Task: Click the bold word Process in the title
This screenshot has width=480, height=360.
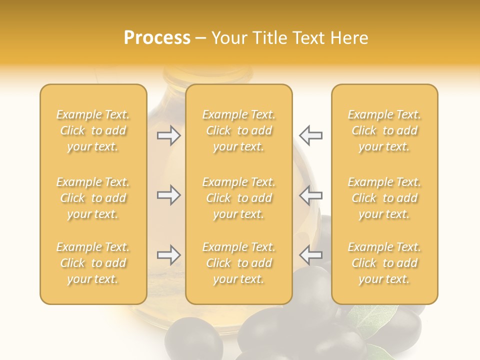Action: [x=157, y=38]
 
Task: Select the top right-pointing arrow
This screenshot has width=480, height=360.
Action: [x=168, y=135]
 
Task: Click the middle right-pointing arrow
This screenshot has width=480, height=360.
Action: [x=168, y=195]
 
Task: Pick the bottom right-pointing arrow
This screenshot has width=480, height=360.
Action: [x=168, y=255]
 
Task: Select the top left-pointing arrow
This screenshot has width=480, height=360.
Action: [x=311, y=135]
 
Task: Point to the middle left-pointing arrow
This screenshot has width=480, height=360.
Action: [x=311, y=195]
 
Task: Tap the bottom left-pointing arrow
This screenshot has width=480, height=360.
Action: [x=311, y=255]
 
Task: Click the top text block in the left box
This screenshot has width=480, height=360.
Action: [x=93, y=130]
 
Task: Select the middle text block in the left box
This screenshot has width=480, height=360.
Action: [x=93, y=198]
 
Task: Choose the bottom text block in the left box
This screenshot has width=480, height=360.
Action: [x=93, y=263]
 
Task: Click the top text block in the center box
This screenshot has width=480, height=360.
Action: [x=238, y=130]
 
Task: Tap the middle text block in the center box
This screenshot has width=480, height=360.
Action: [x=238, y=198]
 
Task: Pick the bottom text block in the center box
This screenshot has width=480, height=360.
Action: [x=238, y=263]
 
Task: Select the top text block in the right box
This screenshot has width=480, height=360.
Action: [x=384, y=130]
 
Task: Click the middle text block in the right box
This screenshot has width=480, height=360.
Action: [x=384, y=198]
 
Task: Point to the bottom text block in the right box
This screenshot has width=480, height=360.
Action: [x=384, y=263]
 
